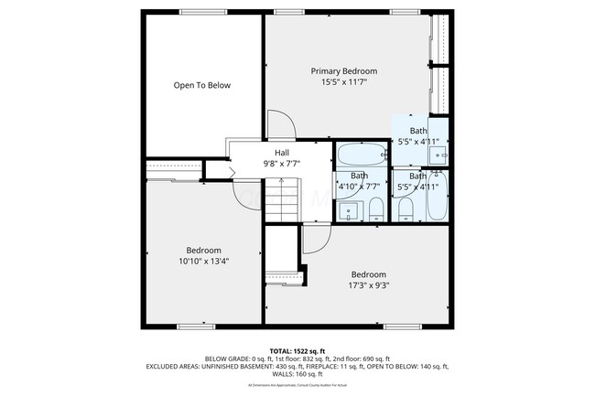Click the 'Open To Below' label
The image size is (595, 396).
click(202, 85)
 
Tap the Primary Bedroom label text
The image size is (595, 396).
click(343, 71)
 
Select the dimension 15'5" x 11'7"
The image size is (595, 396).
click(343, 82)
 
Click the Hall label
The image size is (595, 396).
click(283, 153)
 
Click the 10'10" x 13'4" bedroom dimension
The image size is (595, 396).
click(203, 261)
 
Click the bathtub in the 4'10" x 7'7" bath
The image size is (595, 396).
click(359, 154)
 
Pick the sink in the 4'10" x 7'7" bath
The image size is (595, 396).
click(348, 212)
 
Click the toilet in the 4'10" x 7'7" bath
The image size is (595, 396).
click(374, 212)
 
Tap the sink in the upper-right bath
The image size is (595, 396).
click(439, 157)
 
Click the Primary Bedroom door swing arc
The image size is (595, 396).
click(279, 124)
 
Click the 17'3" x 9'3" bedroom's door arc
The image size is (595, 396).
click(316, 240)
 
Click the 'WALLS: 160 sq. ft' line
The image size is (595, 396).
click(297, 374)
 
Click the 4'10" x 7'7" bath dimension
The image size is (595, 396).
click(359, 187)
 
